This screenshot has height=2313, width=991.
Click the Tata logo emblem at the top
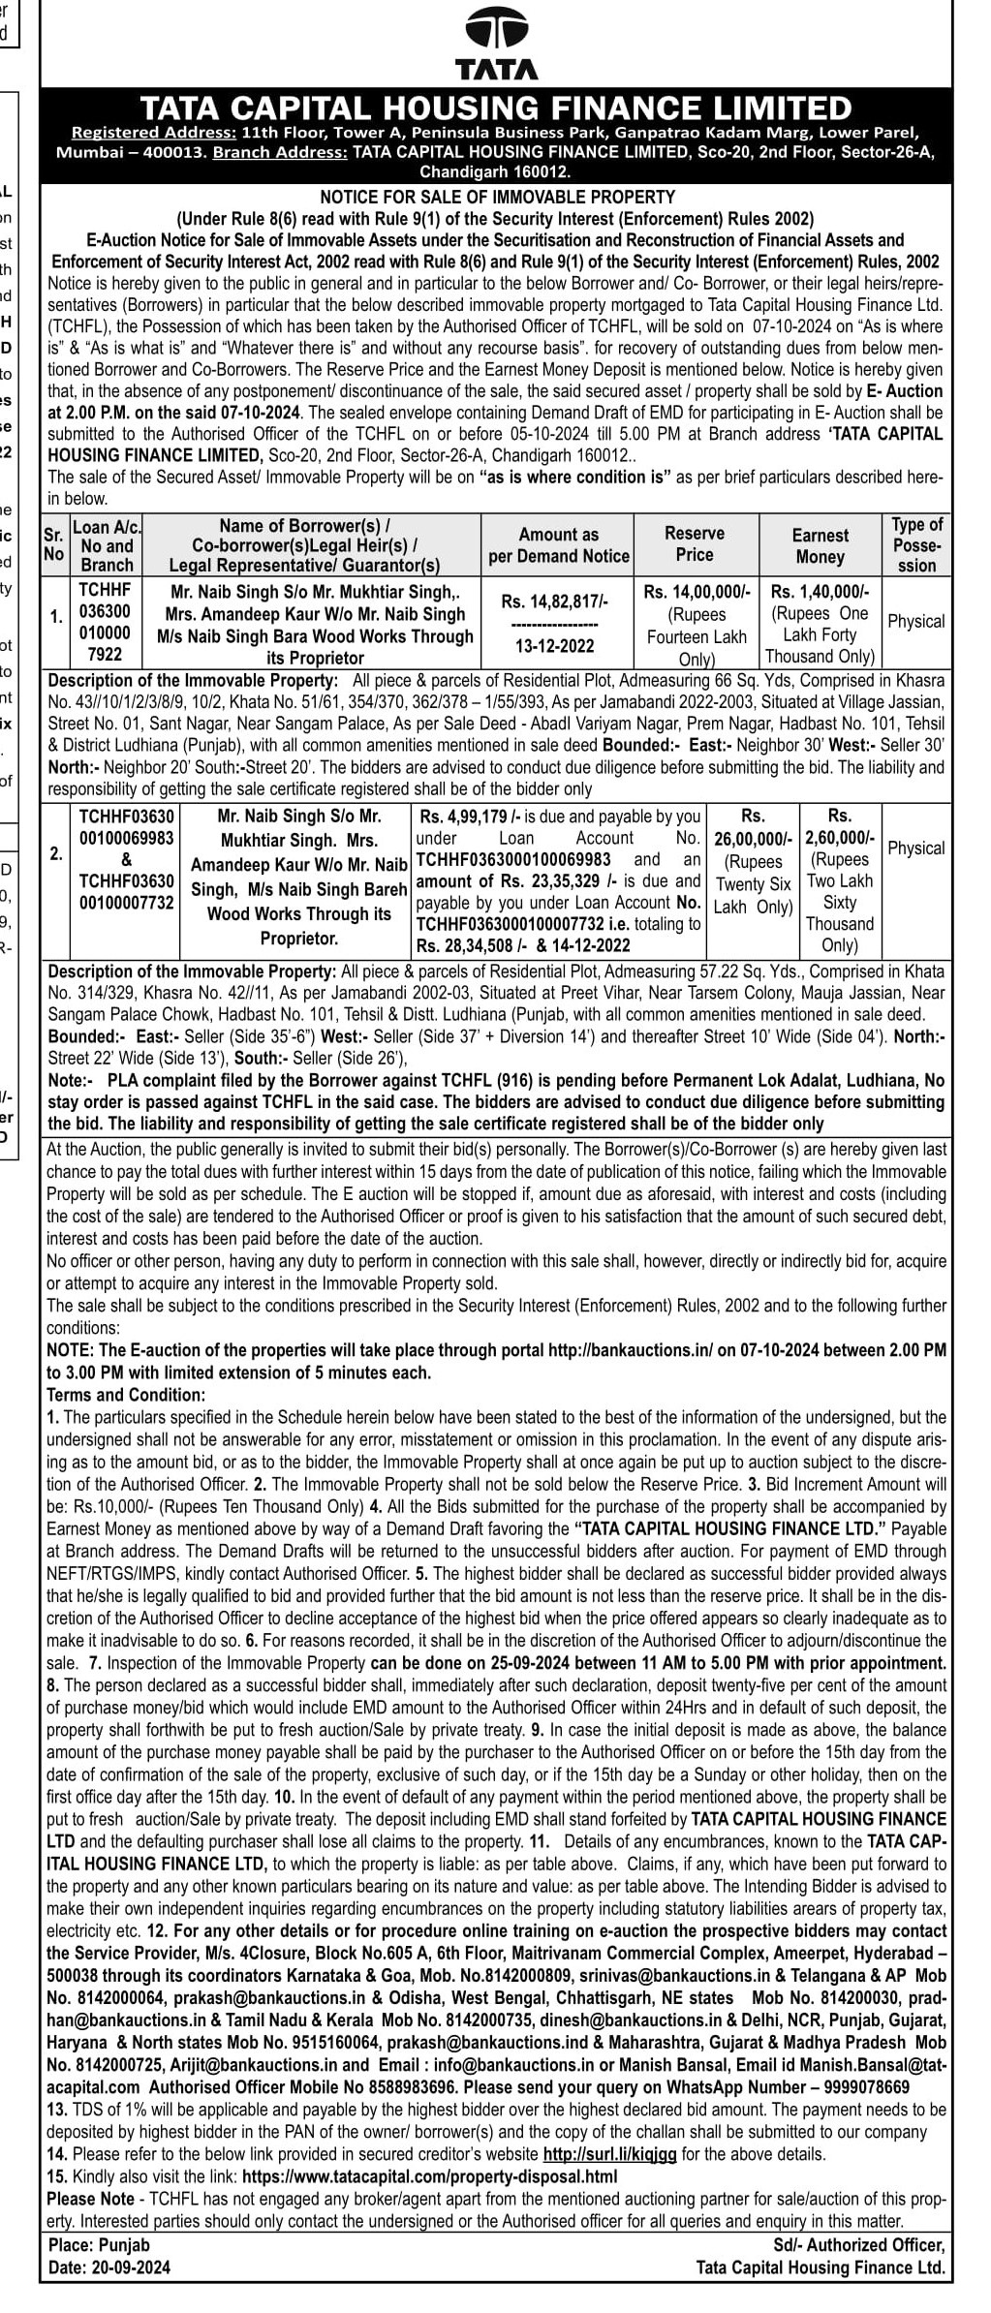click(x=496, y=29)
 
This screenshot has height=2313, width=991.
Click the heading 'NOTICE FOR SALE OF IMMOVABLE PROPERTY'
click(x=497, y=197)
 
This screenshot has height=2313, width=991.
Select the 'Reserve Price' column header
click(x=695, y=544)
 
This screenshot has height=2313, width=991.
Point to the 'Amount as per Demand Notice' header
click(x=559, y=545)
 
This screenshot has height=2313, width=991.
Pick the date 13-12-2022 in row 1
click(x=555, y=646)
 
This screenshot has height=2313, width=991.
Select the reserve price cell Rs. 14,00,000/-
click(x=697, y=591)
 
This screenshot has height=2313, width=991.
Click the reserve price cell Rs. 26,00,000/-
click(x=753, y=838)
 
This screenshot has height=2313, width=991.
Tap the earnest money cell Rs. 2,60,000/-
click(x=840, y=838)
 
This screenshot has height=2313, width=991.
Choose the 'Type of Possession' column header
click(x=916, y=545)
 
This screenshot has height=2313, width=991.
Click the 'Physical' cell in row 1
click(x=915, y=622)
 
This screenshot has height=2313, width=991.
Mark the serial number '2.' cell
click(x=56, y=854)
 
